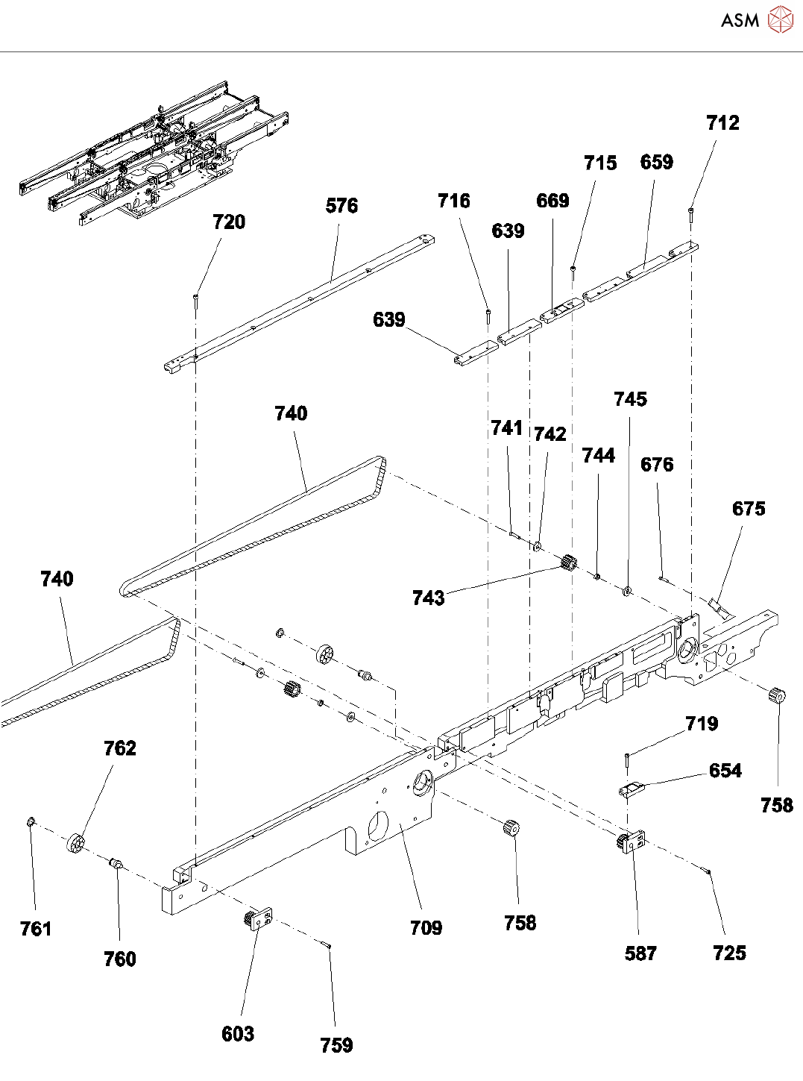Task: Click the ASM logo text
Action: tap(740, 20)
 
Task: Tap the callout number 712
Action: tap(722, 123)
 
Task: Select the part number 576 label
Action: tap(341, 206)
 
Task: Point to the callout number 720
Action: tap(229, 222)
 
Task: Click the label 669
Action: tap(552, 201)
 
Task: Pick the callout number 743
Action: tap(428, 598)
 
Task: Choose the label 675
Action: tap(749, 509)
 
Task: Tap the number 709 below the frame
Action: tap(426, 928)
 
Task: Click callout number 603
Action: tap(238, 1034)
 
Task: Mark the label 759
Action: tap(336, 1045)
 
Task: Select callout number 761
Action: tap(36, 929)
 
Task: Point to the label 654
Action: tap(725, 771)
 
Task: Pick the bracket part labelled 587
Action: tap(631, 841)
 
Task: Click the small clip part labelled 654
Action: tap(631, 789)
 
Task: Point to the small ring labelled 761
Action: tap(30, 822)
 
